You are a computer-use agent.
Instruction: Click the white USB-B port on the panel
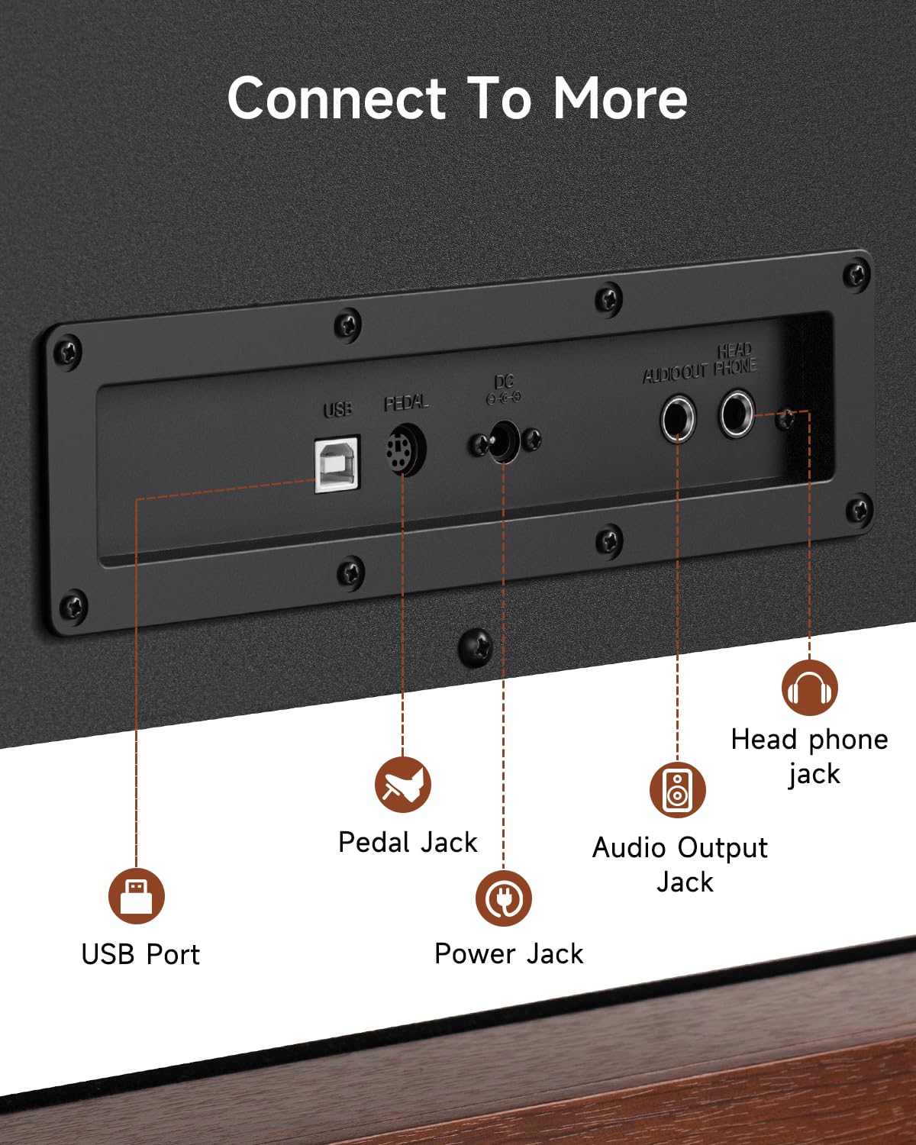[x=337, y=464]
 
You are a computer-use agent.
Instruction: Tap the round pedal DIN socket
[x=406, y=449]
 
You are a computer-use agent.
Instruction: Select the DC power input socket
[x=504, y=441]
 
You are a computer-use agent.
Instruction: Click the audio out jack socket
[x=678, y=419]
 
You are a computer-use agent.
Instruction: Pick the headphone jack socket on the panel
[x=737, y=413]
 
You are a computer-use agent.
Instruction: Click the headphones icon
[x=810, y=688]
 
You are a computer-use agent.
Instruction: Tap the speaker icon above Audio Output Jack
[x=678, y=789]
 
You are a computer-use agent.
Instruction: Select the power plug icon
[x=504, y=898]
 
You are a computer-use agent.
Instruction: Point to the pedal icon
[x=403, y=784]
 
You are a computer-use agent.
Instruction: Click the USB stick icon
[x=137, y=896]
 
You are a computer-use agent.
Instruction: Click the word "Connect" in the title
[x=337, y=98]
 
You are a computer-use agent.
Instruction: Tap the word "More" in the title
[x=621, y=98]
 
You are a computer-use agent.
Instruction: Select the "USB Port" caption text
[x=140, y=954]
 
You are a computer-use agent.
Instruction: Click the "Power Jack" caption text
[x=509, y=953]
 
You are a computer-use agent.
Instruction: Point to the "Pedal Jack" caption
[x=408, y=842]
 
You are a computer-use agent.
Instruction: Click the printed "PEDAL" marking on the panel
[x=406, y=403]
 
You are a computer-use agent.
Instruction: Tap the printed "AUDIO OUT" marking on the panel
[x=676, y=373]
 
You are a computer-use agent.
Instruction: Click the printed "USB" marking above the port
[x=337, y=409]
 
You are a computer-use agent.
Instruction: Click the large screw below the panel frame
[x=476, y=647]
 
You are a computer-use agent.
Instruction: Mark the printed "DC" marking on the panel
[x=504, y=382]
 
